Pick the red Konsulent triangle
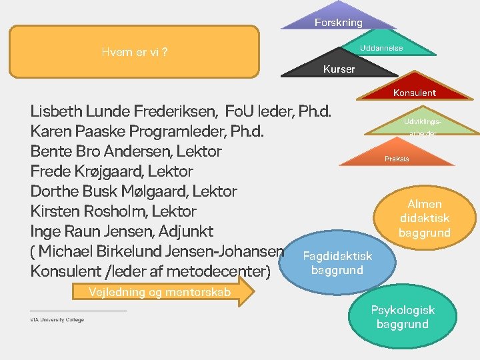pyautogui.click(x=414, y=90)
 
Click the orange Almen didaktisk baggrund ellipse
pyautogui.click(x=425, y=218)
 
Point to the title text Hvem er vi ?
pyautogui.click(x=134, y=53)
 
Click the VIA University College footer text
pyautogui.click(x=57, y=320)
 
